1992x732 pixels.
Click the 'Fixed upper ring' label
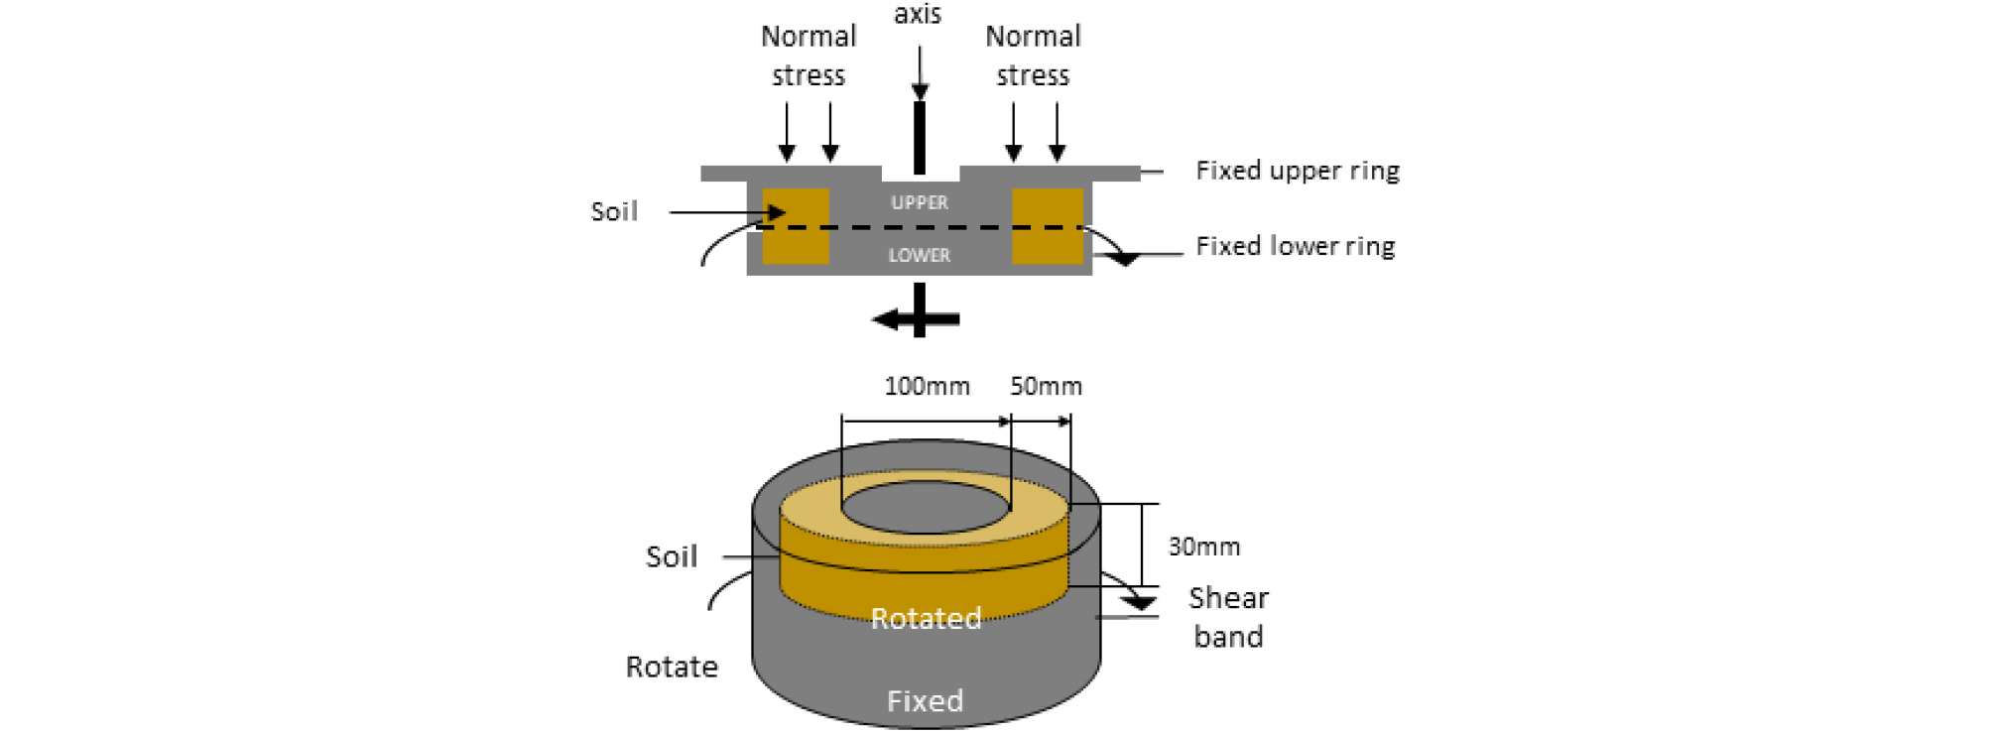(1298, 171)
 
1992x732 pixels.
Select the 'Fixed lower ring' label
(1296, 246)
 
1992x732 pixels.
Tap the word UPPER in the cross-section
(920, 202)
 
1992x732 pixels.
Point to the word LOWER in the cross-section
(920, 255)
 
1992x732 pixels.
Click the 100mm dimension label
(928, 386)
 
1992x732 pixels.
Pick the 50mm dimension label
(1046, 386)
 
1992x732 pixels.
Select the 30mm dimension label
(1204, 547)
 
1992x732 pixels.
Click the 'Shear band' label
(1228, 617)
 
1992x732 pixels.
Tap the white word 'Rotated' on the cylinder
(927, 618)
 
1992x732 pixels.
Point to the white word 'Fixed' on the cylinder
(925, 701)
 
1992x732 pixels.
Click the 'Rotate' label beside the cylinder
(672, 667)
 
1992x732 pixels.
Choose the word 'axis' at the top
(918, 14)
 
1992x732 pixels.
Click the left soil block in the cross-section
(796, 226)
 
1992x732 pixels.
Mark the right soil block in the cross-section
(1048, 226)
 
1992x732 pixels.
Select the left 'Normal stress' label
(809, 56)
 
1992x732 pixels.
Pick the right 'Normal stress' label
(1033, 56)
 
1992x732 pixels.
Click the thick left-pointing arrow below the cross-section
(916, 319)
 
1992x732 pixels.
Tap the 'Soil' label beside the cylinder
(672, 556)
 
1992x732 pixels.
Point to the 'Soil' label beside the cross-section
(614, 211)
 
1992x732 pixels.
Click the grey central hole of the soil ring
(926, 507)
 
